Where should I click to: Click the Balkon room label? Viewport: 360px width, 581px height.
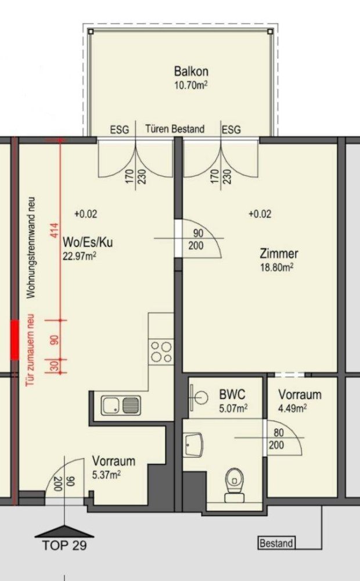click(x=191, y=71)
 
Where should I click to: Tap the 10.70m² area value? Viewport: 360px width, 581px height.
click(x=191, y=85)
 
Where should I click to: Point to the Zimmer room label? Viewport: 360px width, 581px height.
click(x=279, y=254)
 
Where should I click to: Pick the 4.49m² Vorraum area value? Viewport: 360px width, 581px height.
click(x=293, y=408)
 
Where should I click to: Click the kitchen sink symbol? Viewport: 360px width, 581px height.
click(x=121, y=405)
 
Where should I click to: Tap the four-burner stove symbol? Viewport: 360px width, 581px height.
click(x=161, y=352)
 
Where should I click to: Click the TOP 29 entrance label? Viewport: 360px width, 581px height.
click(x=64, y=546)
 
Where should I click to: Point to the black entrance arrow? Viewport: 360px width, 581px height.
click(x=64, y=530)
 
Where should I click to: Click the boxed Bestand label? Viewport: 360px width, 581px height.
click(x=276, y=544)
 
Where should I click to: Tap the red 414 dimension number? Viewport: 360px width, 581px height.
click(x=55, y=232)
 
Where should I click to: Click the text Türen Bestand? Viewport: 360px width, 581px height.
click(x=175, y=129)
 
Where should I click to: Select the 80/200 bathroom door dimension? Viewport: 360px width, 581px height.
click(x=278, y=439)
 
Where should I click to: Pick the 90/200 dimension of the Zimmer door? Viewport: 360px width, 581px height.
click(x=196, y=239)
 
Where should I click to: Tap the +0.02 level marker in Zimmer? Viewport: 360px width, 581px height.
click(x=260, y=214)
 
